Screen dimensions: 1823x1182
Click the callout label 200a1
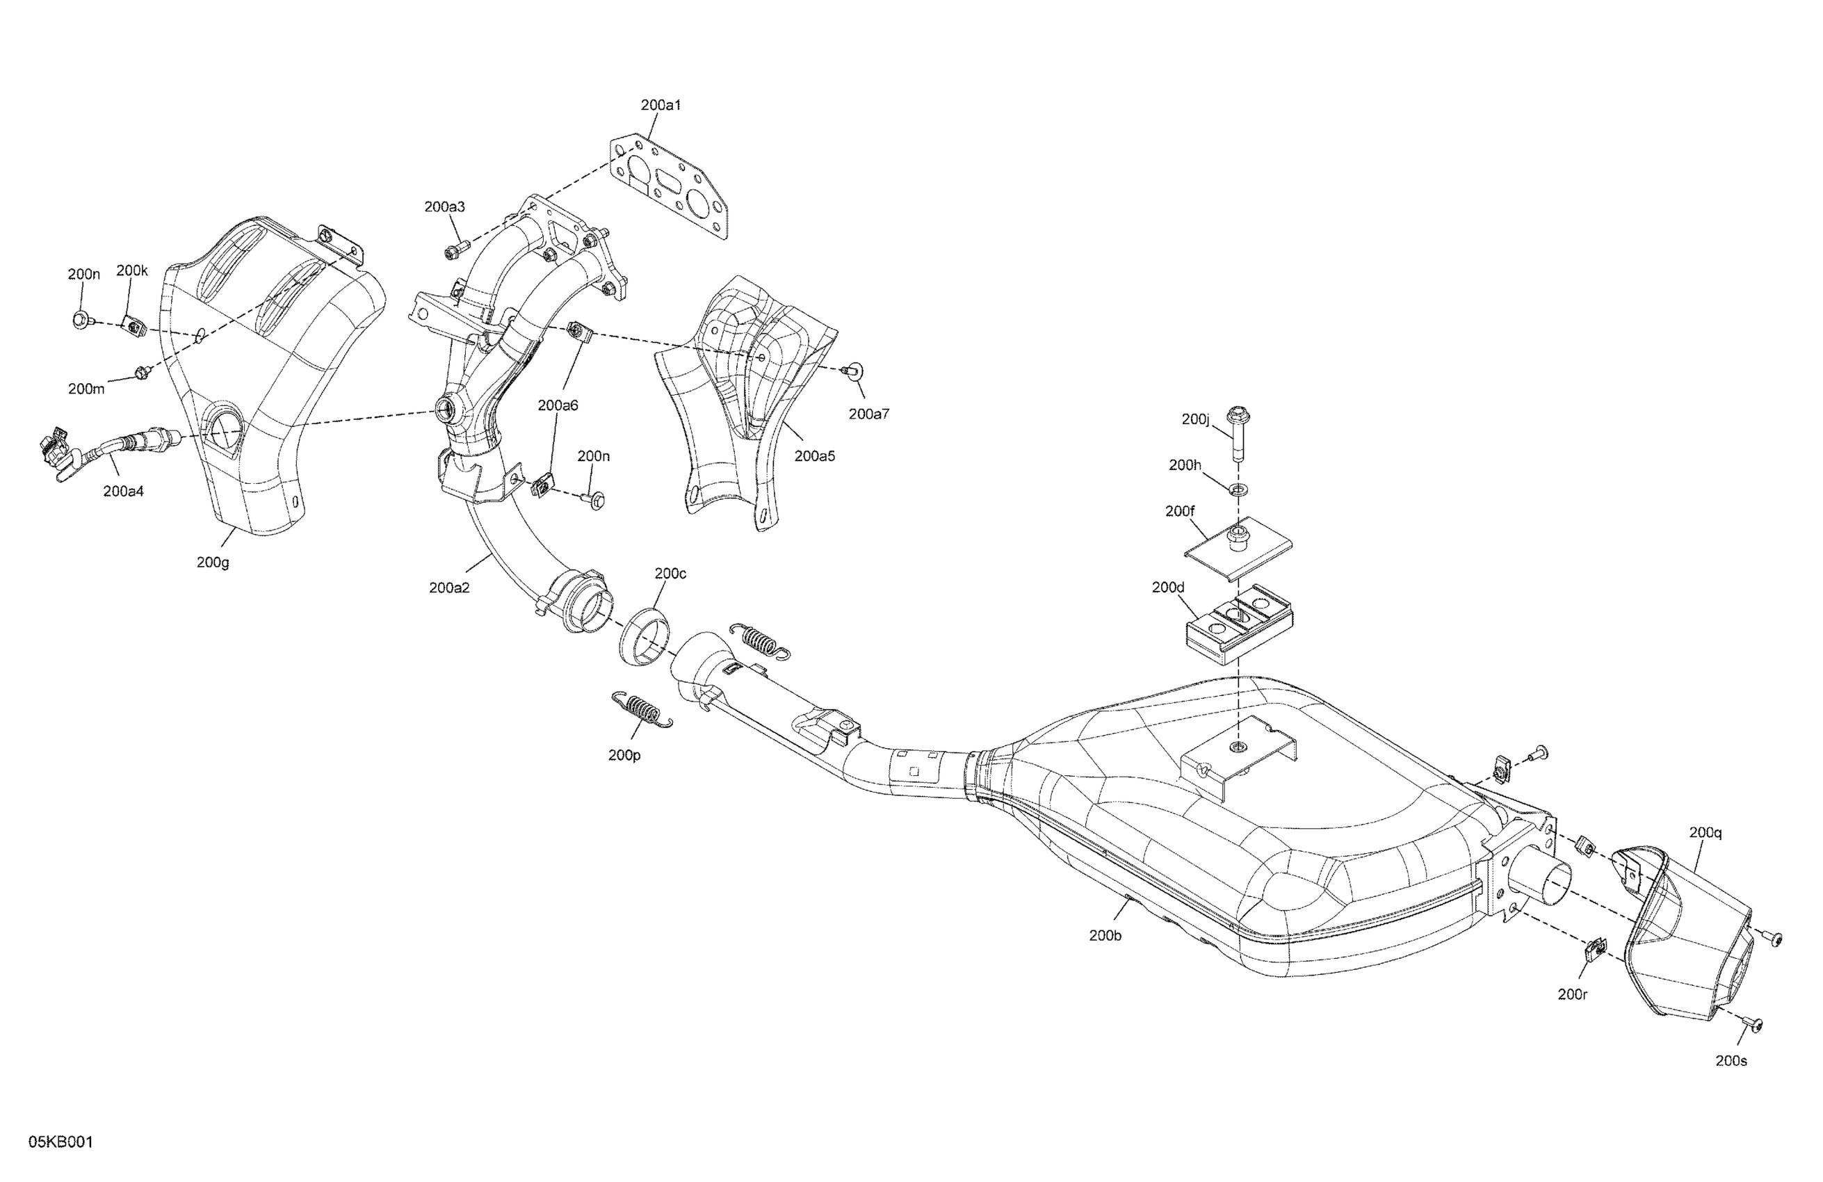click(x=661, y=106)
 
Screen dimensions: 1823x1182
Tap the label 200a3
click(x=445, y=207)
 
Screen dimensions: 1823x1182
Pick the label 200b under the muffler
click(x=1105, y=935)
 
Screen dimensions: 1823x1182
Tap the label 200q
click(x=1705, y=833)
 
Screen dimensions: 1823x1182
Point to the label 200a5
click(x=815, y=456)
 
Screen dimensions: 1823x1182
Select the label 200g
click(x=213, y=562)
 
